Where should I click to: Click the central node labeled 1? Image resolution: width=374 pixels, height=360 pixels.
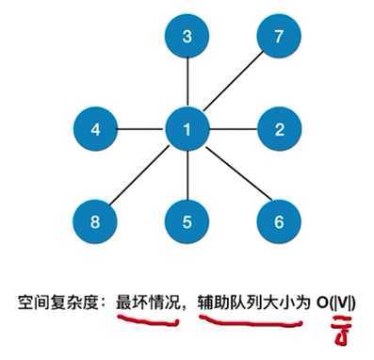tap(187, 127)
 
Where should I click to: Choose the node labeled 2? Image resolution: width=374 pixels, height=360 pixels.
tap(277, 127)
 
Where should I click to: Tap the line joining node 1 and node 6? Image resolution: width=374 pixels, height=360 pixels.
tap(232, 174)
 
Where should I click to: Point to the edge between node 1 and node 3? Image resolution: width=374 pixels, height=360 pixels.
tap(187, 82)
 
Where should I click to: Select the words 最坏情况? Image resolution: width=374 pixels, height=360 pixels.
tap(145, 303)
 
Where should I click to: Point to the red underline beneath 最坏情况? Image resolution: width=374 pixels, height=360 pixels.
tap(146, 323)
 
